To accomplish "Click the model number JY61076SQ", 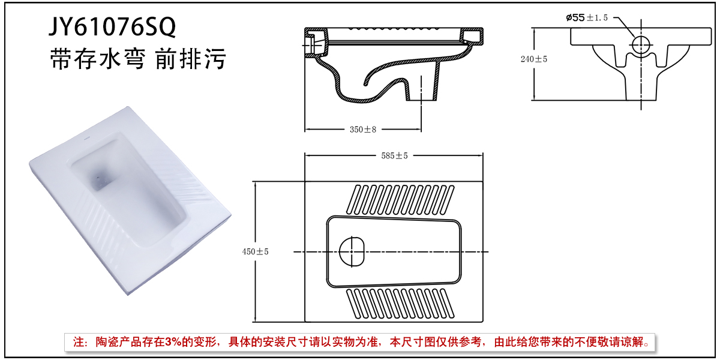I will click(x=113, y=27).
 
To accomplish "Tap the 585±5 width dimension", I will click(x=394, y=155).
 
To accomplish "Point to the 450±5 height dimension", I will click(x=254, y=251).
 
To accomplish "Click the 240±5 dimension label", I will click(x=534, y=59).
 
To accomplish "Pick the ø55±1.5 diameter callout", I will click(x=587, y=17).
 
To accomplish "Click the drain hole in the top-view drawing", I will click(x=352, y=251).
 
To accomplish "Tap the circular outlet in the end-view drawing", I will click(x=641, y=44).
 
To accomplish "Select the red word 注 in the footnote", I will click(x=78, y=343).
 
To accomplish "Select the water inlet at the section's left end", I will click(x=310, y=42).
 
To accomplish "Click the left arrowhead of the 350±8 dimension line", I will click(x=308, y=129).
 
